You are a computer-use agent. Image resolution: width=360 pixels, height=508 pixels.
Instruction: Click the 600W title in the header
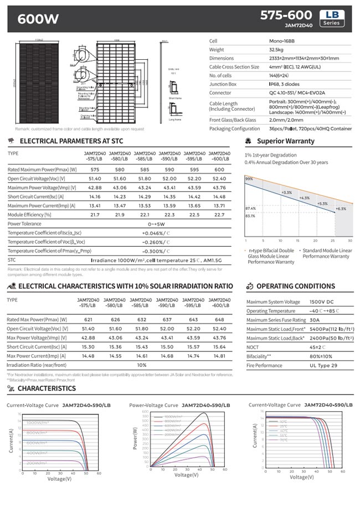point(38,19)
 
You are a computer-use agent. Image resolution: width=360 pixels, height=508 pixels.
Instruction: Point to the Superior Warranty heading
point(285,141)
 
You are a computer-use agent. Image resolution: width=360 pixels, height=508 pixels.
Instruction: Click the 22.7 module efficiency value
point(219,215)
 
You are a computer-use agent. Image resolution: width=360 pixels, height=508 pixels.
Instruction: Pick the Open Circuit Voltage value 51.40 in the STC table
point(95,179)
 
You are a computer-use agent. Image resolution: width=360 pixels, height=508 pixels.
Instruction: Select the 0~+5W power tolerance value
point(157,224)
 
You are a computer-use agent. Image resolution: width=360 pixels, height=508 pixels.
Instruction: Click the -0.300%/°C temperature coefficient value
point(157,251)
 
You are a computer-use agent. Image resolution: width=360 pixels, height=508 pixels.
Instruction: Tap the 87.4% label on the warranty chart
point(250,208)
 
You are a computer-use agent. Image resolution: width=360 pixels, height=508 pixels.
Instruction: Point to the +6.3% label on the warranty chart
point(341,209)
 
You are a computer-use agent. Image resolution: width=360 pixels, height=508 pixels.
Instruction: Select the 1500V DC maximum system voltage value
point(322,302)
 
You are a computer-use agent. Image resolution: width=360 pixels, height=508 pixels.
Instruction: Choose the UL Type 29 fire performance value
point(323,365)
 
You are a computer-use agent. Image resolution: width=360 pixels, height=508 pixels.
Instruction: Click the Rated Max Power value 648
point(219,320)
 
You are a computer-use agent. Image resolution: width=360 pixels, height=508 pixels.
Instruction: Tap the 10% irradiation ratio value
point(141,365)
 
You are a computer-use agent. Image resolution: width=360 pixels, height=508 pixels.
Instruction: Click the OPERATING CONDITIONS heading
point(296,287)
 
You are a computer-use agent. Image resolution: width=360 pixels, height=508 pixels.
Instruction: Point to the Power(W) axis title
point(134,438)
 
